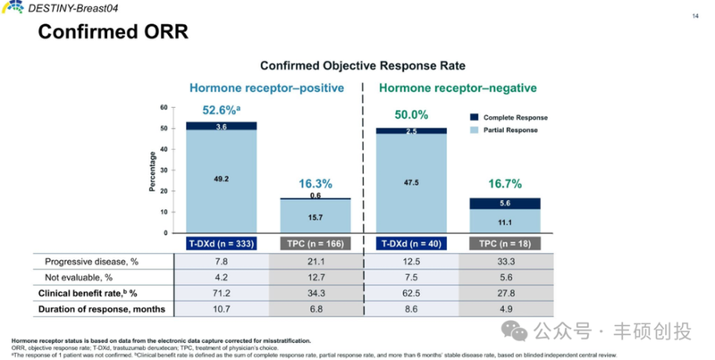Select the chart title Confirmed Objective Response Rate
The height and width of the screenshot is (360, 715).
[x=362, y=66]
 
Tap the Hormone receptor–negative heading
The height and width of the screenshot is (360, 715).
[x=458, y=88]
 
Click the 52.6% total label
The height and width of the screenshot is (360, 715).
[x=220, y=112]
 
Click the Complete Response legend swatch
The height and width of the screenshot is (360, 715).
[x=474, y=117]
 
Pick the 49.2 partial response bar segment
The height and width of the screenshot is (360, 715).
[x=221, y=179]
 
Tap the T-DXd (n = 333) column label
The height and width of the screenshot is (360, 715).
[x=221, y=243]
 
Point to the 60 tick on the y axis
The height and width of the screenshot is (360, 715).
[x=164, y=107]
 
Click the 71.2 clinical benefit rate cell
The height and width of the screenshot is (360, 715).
[x=221, y=293]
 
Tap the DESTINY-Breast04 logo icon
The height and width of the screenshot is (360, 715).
[x=13, y=8]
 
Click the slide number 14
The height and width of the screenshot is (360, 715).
[x=695, y=16]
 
